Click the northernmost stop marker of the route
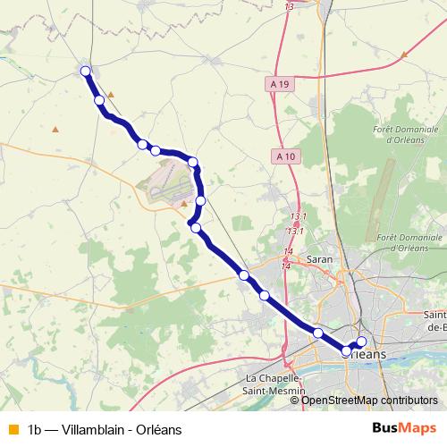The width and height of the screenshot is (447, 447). tap(86, 72)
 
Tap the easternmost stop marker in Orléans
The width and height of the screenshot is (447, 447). tap(361, 342)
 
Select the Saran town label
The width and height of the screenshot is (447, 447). tap(319, 259)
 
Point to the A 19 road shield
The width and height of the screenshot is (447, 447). tap(280, 83)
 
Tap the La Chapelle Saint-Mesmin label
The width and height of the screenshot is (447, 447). tap(276, 385)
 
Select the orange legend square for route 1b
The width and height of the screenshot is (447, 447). tap(12, 429)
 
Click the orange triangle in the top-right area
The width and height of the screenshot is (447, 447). tap(404, 55)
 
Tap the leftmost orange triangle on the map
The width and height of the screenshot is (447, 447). tap(55, 130)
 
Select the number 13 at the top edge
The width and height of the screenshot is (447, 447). tap(289, 6)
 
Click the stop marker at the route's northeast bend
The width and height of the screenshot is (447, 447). tap(193, 162)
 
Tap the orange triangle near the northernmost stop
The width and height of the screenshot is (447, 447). tap(111, 94)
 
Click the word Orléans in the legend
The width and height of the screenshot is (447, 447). tap(158, 429)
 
